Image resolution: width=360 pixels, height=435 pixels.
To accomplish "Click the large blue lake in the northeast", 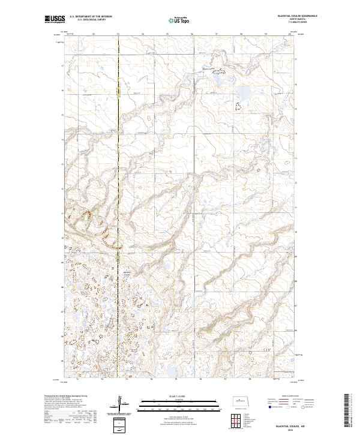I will pyautogui.click(x=244, y=92).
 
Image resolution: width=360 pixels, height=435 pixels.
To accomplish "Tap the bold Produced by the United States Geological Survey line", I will pyautogui.click(x=65, y=397).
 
